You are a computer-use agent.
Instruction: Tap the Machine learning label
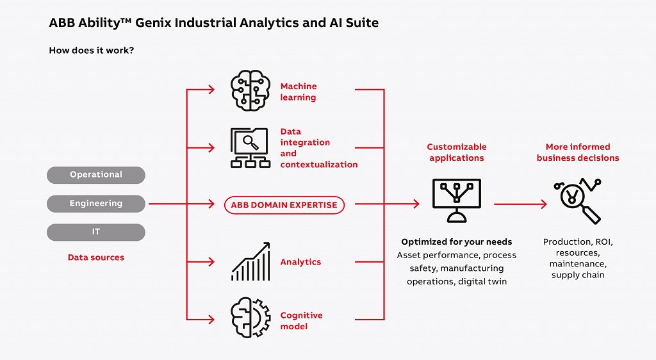pyautogui.click(x=299, y=92)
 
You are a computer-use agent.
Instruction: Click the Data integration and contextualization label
pyautogui.click(x=318, y=148)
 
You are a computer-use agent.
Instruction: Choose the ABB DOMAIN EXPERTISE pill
pyautogui.click(x=284, y=205)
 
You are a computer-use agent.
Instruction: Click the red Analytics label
pyautogui.click(x=300, y=262)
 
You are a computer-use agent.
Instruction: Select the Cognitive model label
pyautogui.click(x=301, y=321)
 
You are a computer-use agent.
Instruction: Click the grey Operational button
pyautogui.click(x=96, y=175)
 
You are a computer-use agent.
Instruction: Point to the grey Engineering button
pyautogui.click(x=96, y=204)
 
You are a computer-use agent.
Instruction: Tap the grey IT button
pyautogui.click(x=96, y=232)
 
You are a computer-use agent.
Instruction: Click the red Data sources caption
pyautogui.click(x=96, y=258)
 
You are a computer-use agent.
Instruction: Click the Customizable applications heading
pyautogui.click(x=457, y=152)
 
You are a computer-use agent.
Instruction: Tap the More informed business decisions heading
pyautogui.click(x=578, y=152)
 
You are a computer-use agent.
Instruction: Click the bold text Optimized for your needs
pyautogui.click(x=457, y=242)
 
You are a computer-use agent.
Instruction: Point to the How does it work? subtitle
pyautogui.click(x=91, y=50)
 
